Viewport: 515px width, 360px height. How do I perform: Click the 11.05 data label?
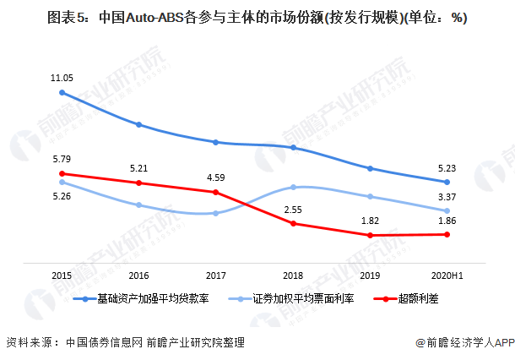pos(62,78)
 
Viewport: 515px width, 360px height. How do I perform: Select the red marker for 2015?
pos(62,174)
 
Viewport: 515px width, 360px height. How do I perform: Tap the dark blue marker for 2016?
pos(138,125)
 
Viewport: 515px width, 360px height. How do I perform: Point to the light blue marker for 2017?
pos(216,213)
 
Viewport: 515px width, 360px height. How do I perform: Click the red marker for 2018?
pos(293,224)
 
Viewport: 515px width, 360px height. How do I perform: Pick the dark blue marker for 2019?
pos(370,168)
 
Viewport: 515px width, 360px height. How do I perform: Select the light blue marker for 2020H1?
pos(447,210)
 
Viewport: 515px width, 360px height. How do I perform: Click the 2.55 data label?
pos(293,210)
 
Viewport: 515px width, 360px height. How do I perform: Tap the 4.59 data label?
pos(216,177)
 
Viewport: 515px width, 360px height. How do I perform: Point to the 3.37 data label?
pos(447,198)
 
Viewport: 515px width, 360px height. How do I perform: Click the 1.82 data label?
pos(370,221)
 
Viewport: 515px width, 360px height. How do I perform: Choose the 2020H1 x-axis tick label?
pos(447,275)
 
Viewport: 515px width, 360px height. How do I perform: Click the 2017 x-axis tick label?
pos(216,275)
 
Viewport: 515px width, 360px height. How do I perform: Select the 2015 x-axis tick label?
pos(62,275)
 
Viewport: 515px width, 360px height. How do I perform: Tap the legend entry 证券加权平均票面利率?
pos(295,298)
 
